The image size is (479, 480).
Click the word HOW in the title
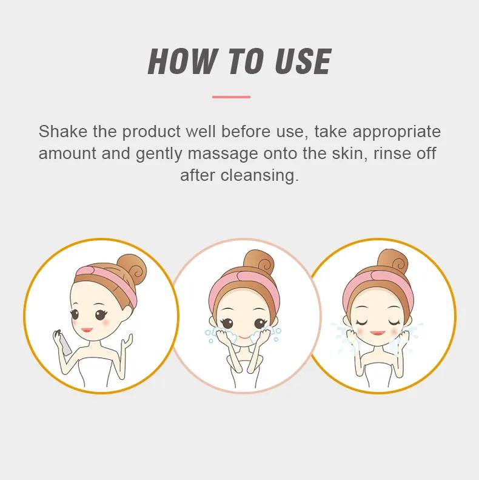[x=183, y=61]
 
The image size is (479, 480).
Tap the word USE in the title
[x=303, y=61]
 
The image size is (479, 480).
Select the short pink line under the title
[x=231, y=97]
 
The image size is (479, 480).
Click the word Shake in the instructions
[x=63, y=132]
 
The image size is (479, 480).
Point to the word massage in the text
[x=223, y=154]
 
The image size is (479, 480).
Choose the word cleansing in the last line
[x=260, y=176]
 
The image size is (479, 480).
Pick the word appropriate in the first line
[x=397, y=132]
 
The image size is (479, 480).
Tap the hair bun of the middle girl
[x=259, y=263]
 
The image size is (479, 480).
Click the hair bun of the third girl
[x=393, y=263]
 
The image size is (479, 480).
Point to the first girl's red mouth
[x=87, y=330]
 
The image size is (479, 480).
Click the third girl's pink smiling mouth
[x=378, y=333]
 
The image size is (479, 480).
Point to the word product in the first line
[x=152, y=132]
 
